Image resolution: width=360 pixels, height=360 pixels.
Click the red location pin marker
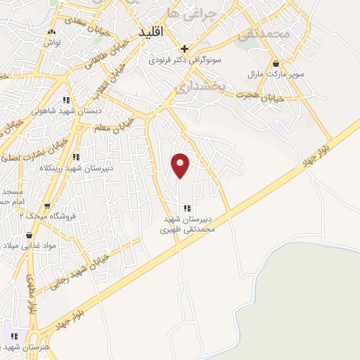point(181,166)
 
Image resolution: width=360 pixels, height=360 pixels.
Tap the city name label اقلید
point(150,33)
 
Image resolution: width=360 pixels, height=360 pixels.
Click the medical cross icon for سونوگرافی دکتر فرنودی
point(184,49)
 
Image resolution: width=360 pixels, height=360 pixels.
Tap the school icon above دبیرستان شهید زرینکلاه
point(76,157)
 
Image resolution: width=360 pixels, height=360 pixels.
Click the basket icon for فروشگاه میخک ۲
point(47,206)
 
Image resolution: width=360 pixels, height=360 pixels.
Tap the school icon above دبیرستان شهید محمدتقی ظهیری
point(186,208)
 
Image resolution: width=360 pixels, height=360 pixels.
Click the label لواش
point(51,41)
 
